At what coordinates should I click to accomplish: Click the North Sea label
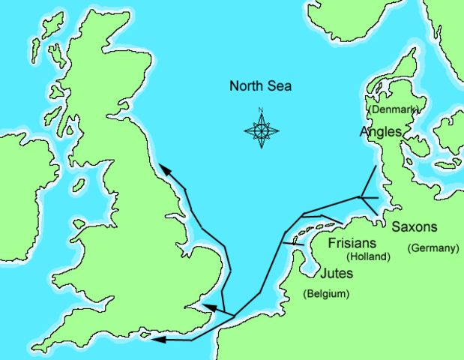tap(260, 86)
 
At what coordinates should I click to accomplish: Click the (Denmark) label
tap(394, 109)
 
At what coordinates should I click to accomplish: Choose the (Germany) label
tap(433, 248)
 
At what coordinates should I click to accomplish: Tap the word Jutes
tap(337, 274)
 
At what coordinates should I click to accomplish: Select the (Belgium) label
tap(326, 294)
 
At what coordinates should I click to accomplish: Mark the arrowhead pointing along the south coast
tap(156, 340)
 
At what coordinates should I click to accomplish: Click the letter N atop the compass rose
tap(262, 111)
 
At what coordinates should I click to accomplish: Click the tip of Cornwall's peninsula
tap(34, 349)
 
